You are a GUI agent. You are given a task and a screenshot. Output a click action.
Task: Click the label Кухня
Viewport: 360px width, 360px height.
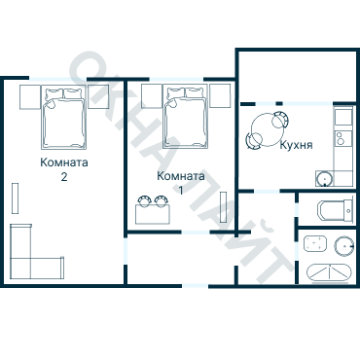click(x=296, y=145)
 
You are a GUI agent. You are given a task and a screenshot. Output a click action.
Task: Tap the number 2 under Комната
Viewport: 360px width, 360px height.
click(x=64, y=177)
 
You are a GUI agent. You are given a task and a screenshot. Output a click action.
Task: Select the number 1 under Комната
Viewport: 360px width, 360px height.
click(x=181, y=190)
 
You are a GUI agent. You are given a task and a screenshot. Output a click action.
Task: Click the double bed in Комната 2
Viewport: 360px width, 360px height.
click(x=63, y=118)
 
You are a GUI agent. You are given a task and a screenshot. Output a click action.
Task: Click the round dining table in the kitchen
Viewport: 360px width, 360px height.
click(x=267, y=129)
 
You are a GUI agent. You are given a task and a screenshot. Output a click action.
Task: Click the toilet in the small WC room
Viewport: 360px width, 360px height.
click(x=335, y=211)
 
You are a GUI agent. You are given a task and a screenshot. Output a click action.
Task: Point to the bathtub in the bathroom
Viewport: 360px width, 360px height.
click(x=329, y=273)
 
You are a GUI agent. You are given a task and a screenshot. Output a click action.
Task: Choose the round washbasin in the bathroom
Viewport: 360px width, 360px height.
click(x=343, y=245)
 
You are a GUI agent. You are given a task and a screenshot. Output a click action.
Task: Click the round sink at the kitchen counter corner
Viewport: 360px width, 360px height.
click(x=324, y=179)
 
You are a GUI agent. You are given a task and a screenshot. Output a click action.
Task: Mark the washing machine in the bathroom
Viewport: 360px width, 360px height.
click(x=315, y=243)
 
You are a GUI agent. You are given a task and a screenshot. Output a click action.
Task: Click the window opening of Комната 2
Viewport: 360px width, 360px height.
click(x=58, y=79)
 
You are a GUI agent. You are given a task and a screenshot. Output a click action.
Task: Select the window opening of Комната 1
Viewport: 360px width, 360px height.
click(x=176, y=79)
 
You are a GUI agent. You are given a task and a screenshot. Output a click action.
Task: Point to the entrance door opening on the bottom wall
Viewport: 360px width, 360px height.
click(x=195, y=286)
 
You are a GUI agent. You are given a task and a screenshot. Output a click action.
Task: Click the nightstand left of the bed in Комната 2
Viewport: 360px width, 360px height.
click(x=30, y=97)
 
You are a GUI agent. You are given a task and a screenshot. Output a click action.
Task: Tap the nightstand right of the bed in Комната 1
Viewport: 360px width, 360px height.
click(x=220, y=95)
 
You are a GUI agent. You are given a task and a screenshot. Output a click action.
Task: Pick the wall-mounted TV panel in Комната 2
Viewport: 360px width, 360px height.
click(x=15, y=198)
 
